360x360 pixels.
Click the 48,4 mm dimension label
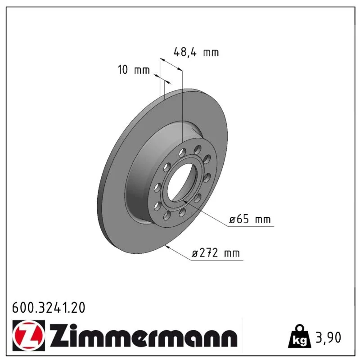196,52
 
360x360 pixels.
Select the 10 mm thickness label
134,70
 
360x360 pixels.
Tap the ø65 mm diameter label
250,220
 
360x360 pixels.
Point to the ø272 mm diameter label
216,253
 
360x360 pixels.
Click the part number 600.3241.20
49,308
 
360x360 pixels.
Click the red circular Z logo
29,335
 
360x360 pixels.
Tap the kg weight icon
300,336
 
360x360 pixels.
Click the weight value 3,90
328,337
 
